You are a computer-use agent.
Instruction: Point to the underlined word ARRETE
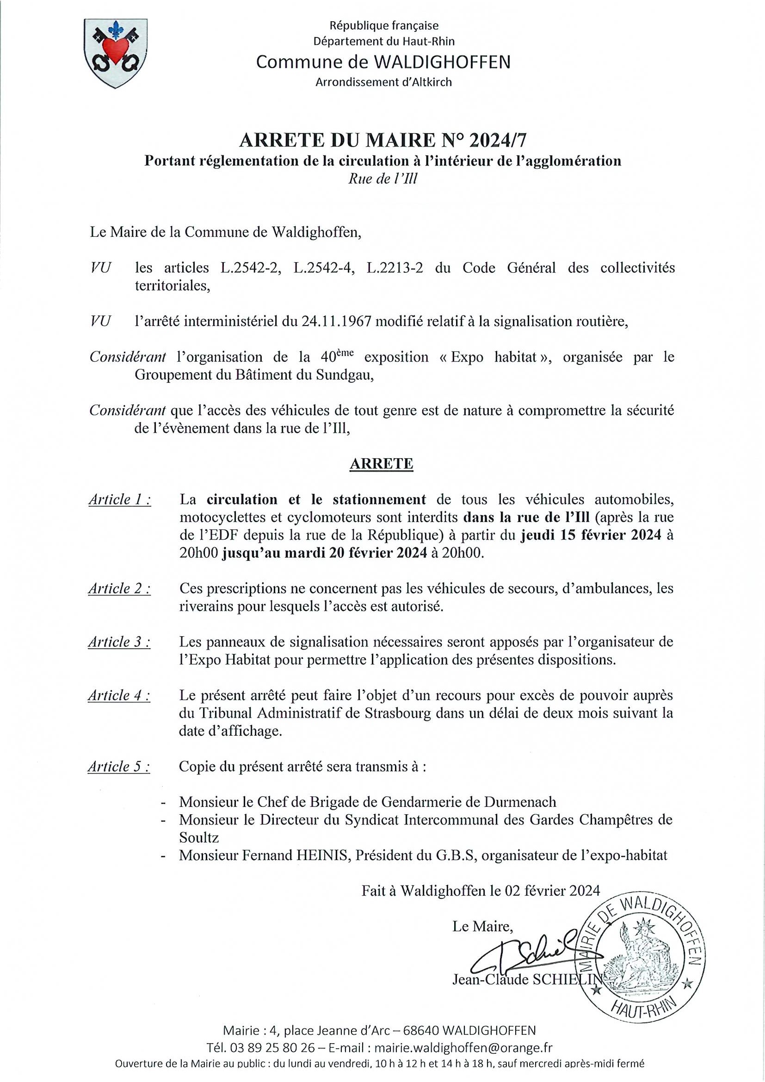coord(381,464)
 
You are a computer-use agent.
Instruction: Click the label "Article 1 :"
coord(120,499)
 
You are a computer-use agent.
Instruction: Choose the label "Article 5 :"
coord(119,767)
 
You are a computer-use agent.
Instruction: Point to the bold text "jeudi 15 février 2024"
coord(591,535)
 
